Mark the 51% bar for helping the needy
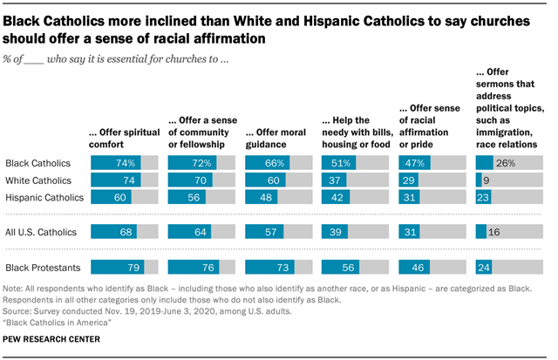[341, 163]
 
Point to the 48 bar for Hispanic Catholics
[262, 198]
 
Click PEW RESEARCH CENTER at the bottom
[51, 338]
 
